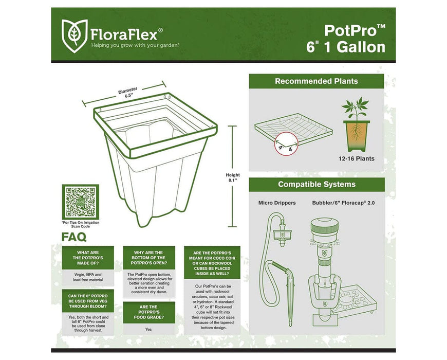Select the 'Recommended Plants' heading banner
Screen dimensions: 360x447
(x=316, y=81)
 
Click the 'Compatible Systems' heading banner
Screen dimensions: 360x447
(x=316, y=184)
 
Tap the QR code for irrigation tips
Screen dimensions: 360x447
(x=80, y=201)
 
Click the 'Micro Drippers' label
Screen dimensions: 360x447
(x=277, y=203)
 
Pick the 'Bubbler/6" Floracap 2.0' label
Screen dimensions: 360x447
(x=344, y=203)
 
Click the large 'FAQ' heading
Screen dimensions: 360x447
(x=74, y=237)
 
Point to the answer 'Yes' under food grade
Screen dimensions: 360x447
(x=148, y=329)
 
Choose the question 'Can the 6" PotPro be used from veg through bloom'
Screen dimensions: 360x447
(x=87, y=300)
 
